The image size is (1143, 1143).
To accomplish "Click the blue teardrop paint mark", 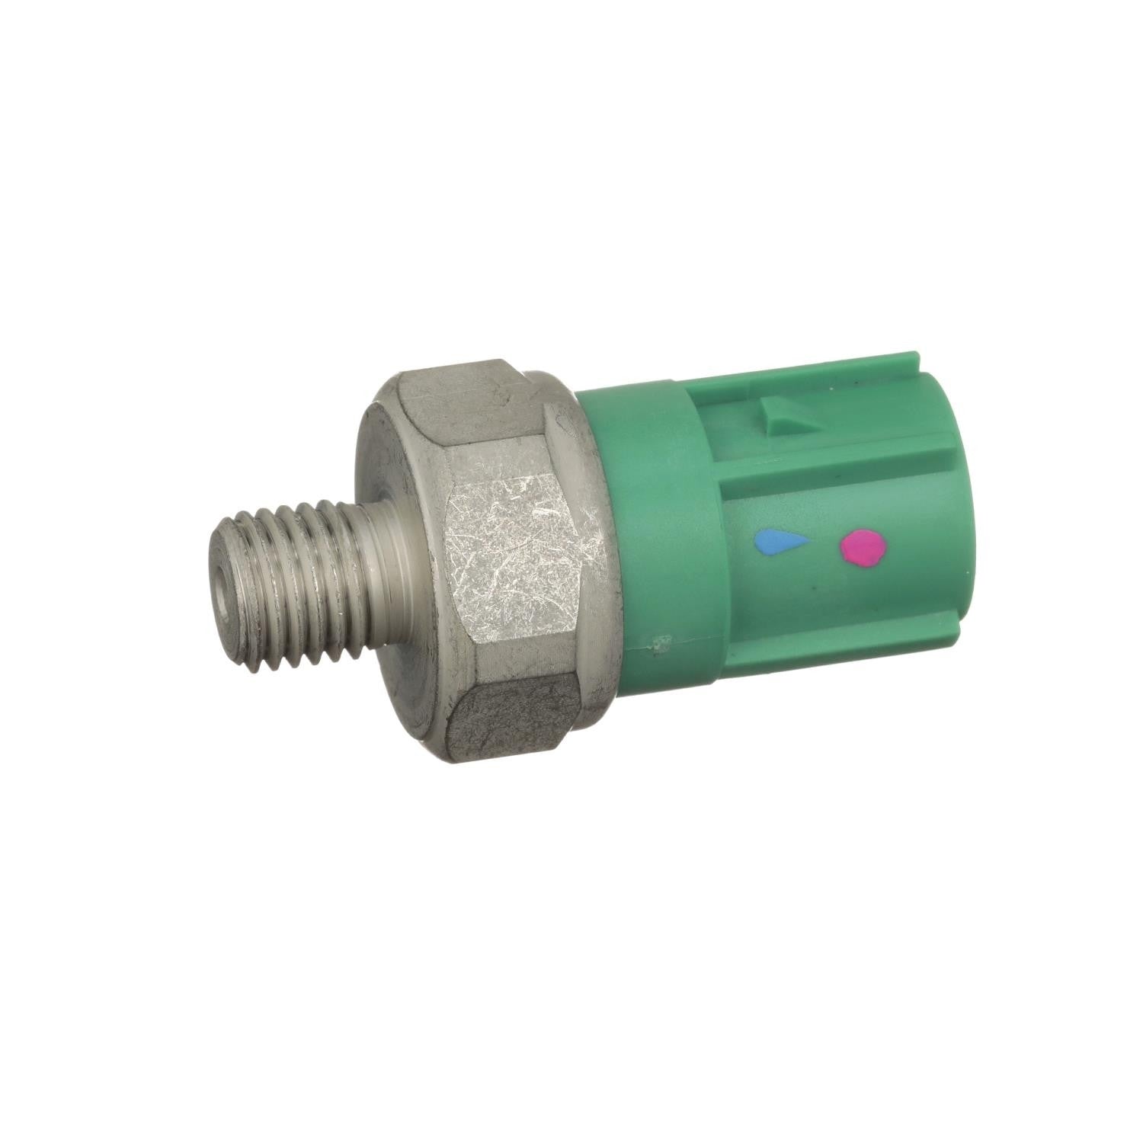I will [779, 543].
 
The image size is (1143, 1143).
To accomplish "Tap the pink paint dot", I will [863, 548].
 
